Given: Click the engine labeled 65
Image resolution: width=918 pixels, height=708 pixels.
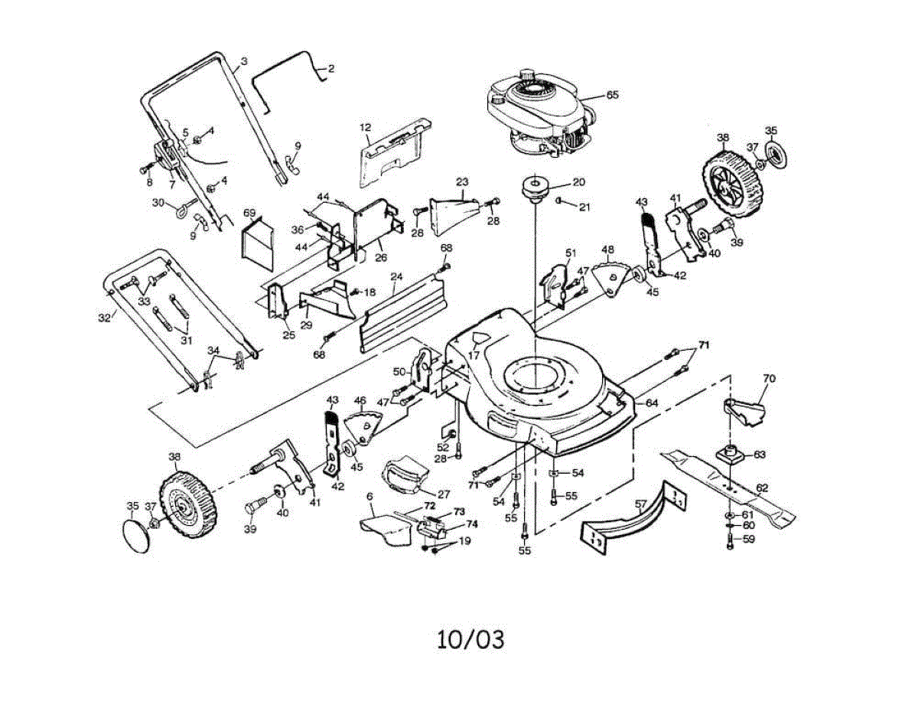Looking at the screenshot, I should [539, 115].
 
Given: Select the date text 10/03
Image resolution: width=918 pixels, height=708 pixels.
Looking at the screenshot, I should [470, 639].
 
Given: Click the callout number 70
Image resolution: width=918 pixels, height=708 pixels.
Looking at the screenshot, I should [769, 378].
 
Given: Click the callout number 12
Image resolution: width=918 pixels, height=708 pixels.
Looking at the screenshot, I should [365, 126].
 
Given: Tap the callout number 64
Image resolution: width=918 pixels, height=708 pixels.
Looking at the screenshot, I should [651, 403].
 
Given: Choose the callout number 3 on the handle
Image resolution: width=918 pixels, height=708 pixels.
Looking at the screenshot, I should [243, 60].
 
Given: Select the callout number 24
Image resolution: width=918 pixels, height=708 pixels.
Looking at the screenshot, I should [396, 276].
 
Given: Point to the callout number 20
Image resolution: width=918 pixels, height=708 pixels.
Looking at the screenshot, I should [578, 182].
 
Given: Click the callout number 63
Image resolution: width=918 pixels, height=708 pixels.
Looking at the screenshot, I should [759, 455].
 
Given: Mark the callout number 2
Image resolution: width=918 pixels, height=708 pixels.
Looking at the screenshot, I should [330, 69].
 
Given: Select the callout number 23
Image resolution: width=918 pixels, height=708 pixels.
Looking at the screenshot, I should [461, 182].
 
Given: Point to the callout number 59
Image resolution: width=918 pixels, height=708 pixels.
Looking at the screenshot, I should [749, 539].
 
